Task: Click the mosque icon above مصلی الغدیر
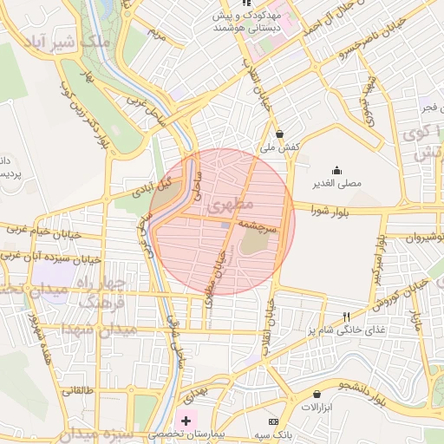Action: pos(336,170)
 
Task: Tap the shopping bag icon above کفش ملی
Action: pos(279,134)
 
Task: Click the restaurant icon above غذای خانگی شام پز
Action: pos(347,317)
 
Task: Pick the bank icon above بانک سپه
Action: pos(274,421)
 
